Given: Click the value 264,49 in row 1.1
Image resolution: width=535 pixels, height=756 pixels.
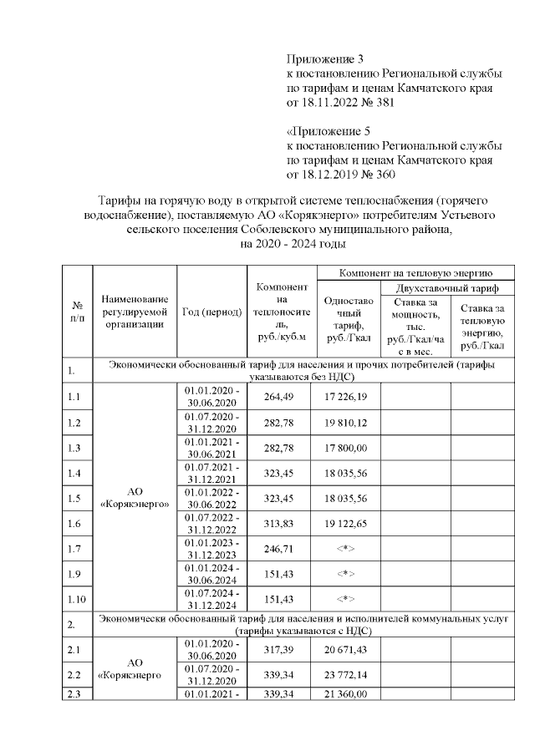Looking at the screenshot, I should [x=281, y=395].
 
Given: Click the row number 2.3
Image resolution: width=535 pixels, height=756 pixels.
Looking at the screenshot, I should [x=77, y=693].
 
